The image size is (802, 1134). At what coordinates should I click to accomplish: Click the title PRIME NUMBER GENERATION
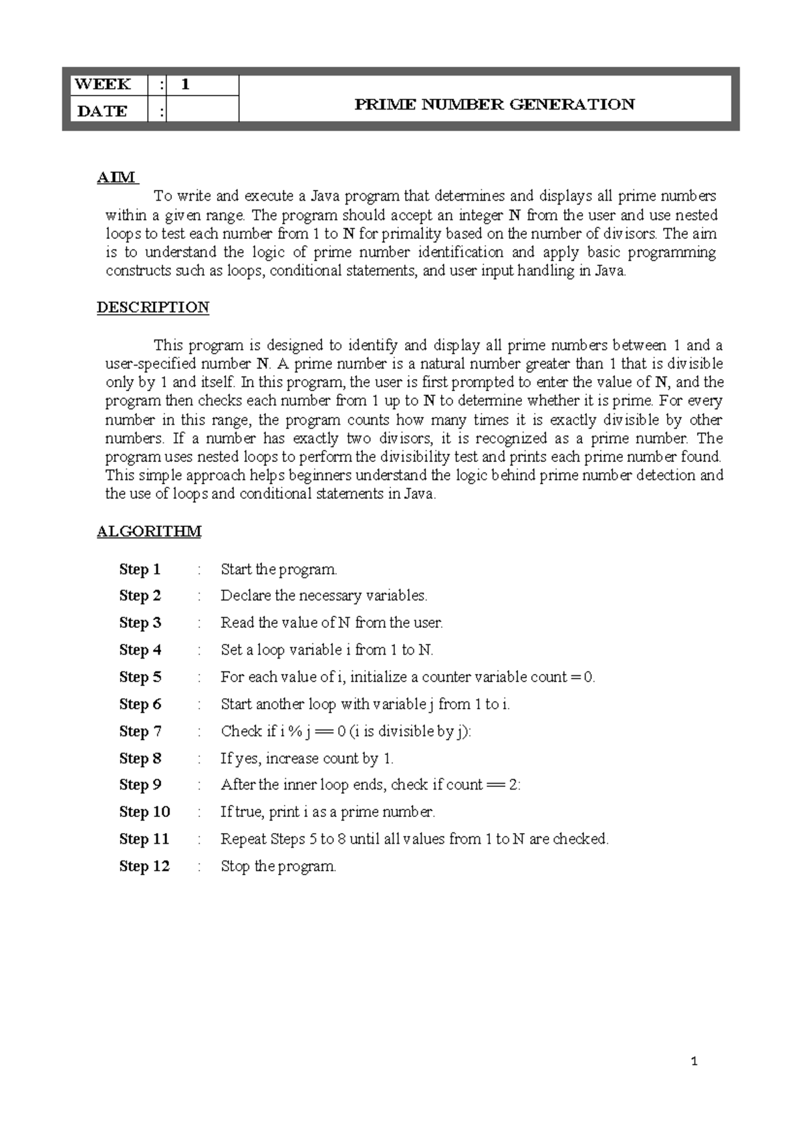coord(494,104)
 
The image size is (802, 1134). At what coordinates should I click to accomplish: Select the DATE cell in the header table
coord(102,111)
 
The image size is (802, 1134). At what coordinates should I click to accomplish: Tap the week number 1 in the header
coord(186,84)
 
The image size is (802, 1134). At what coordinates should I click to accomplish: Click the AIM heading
coord(116,177)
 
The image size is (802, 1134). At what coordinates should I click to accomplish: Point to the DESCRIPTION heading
coord(153,307)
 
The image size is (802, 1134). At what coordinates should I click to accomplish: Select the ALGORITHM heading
coord(149,532)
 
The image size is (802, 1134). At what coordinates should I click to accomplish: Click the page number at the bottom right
coord(694,1061)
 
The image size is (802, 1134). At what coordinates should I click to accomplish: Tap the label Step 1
coord(140,570)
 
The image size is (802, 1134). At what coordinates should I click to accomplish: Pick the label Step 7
coord(140,731)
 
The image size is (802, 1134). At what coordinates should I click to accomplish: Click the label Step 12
coord(144,867)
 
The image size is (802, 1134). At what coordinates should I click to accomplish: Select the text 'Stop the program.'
coord(278,867)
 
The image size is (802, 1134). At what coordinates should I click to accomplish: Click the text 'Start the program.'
coord(279,570)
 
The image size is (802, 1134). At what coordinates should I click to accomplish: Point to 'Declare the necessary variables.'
coord(323,596)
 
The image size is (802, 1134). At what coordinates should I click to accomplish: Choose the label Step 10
coord(144,812)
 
